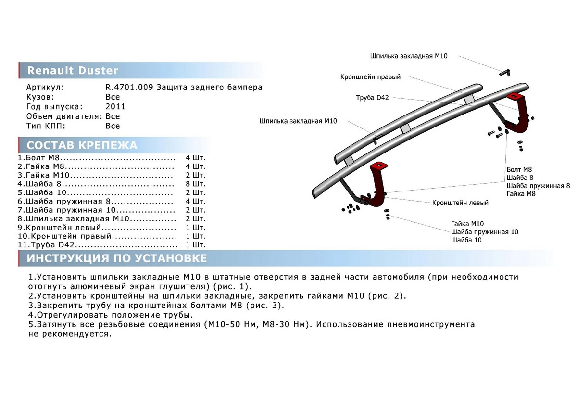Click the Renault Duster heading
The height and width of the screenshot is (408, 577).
coord(72,71)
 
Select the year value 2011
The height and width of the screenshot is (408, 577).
coord(115,107)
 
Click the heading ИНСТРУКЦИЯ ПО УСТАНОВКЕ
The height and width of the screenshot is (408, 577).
coord(116,259)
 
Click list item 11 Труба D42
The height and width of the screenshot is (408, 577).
coord(53,245)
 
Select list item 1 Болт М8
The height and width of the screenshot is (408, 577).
coord(40,158)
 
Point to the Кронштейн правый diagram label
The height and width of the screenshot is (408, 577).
coord(370,77)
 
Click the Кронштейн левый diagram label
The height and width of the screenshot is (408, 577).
coord(460,203)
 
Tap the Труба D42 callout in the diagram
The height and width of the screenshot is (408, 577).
coord(372,98)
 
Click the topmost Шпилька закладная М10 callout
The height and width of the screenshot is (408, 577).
coord(409,56)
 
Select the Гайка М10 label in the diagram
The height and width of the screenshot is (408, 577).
coord(467,224)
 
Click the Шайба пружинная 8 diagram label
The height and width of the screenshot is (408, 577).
coord(538,185)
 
